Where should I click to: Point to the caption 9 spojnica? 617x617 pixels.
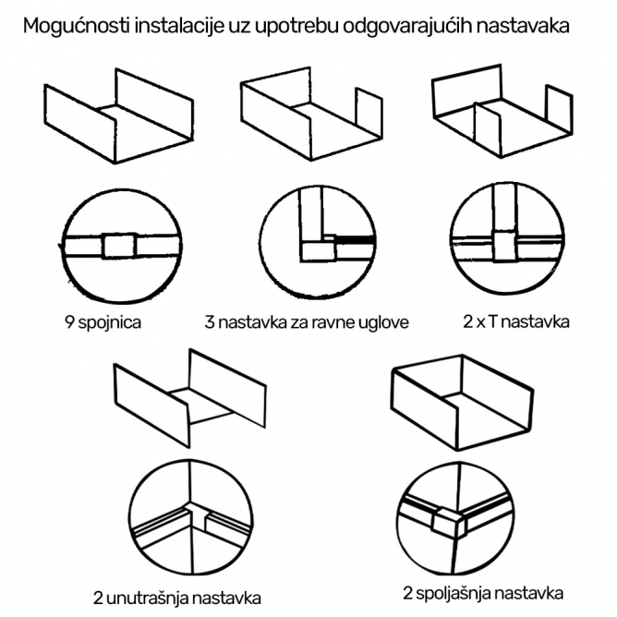pyautogui.click(x=103, y=322)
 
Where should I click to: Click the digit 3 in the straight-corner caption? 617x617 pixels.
pyautogui.click(x=210, y=322)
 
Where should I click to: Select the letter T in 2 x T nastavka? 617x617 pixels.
pyautogui.click(x=493, y=321)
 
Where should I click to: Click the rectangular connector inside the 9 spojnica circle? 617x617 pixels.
pyautogui.click(x=120, y=246)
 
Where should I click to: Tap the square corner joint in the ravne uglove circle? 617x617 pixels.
pyautogui.click(x=319, y=249)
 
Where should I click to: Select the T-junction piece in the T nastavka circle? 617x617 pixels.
pyautogui.click(x=504, y=247)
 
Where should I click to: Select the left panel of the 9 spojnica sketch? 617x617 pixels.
pyautogui.click(x=79, y=124)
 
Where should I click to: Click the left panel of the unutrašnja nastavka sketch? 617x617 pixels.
pyautogui.click(x=151, y=405)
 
